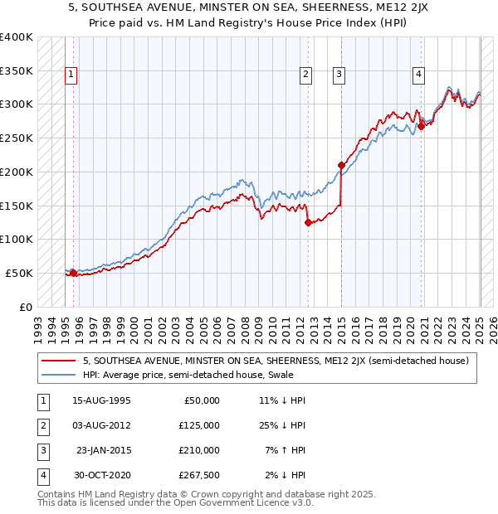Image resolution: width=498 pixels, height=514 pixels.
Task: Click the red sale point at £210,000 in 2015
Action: (341, 165)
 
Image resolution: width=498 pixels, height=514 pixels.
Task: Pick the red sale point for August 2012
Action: (308, 222)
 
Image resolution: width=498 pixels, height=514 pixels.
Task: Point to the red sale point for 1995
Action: (73, 273)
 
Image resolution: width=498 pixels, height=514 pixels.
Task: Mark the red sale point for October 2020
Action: (421, 126)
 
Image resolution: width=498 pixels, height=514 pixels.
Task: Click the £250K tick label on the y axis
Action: (17, 138)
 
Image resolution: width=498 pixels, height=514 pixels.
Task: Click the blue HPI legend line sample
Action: (58, 375)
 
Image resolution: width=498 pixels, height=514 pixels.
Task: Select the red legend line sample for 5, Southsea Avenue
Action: (58, 361)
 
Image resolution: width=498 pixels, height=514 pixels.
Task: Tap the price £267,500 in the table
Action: (200, 475)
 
